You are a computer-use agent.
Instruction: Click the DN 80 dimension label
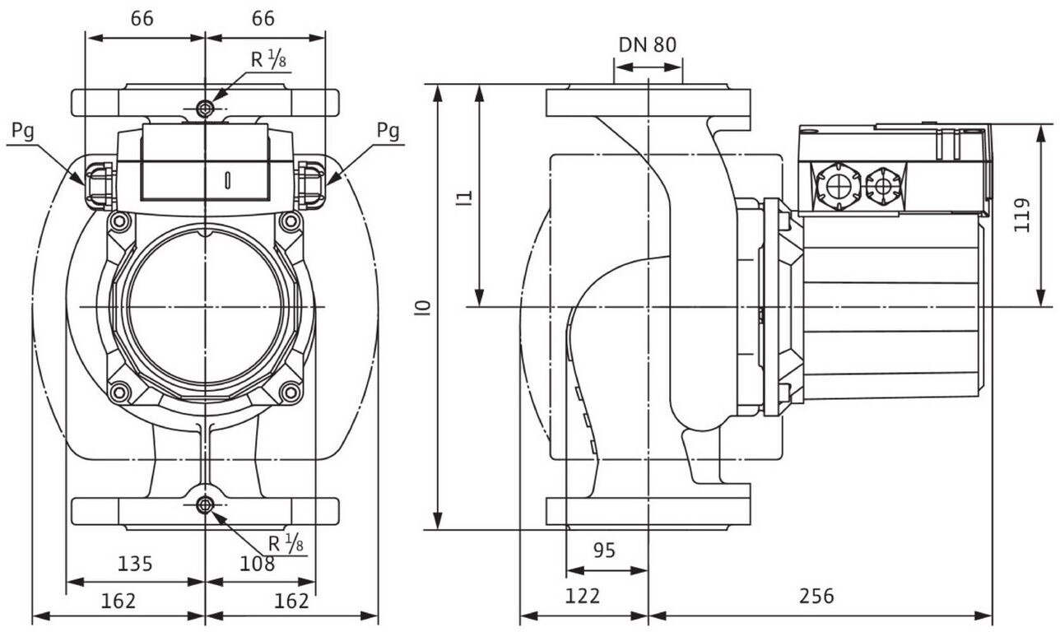pos(648,45)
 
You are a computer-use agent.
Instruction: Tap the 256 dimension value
pos(816,596)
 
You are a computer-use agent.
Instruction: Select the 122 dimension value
pos(583,596)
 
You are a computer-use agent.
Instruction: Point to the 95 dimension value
pos(604,551)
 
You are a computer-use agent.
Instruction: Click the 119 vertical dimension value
pos(1022,215)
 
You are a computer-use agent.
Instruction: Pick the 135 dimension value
pos(135,564)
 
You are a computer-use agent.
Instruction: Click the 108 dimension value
pos(257,564)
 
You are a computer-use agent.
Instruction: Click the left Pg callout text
pos(23,131)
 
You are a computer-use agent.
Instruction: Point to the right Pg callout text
pos(388,131)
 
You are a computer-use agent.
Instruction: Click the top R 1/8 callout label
pos(268,59)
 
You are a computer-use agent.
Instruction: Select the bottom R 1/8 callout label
pos(286,544)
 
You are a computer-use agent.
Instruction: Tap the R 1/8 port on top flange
pos(205,109)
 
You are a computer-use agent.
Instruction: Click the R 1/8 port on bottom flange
pos(205,504)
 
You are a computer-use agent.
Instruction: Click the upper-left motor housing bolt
pos(119,221)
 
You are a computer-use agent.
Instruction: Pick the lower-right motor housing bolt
pos(291,393)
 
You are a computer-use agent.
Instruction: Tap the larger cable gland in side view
pos(838,186)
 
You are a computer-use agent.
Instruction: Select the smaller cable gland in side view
pos(882,186)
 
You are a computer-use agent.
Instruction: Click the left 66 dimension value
pos(142,19)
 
